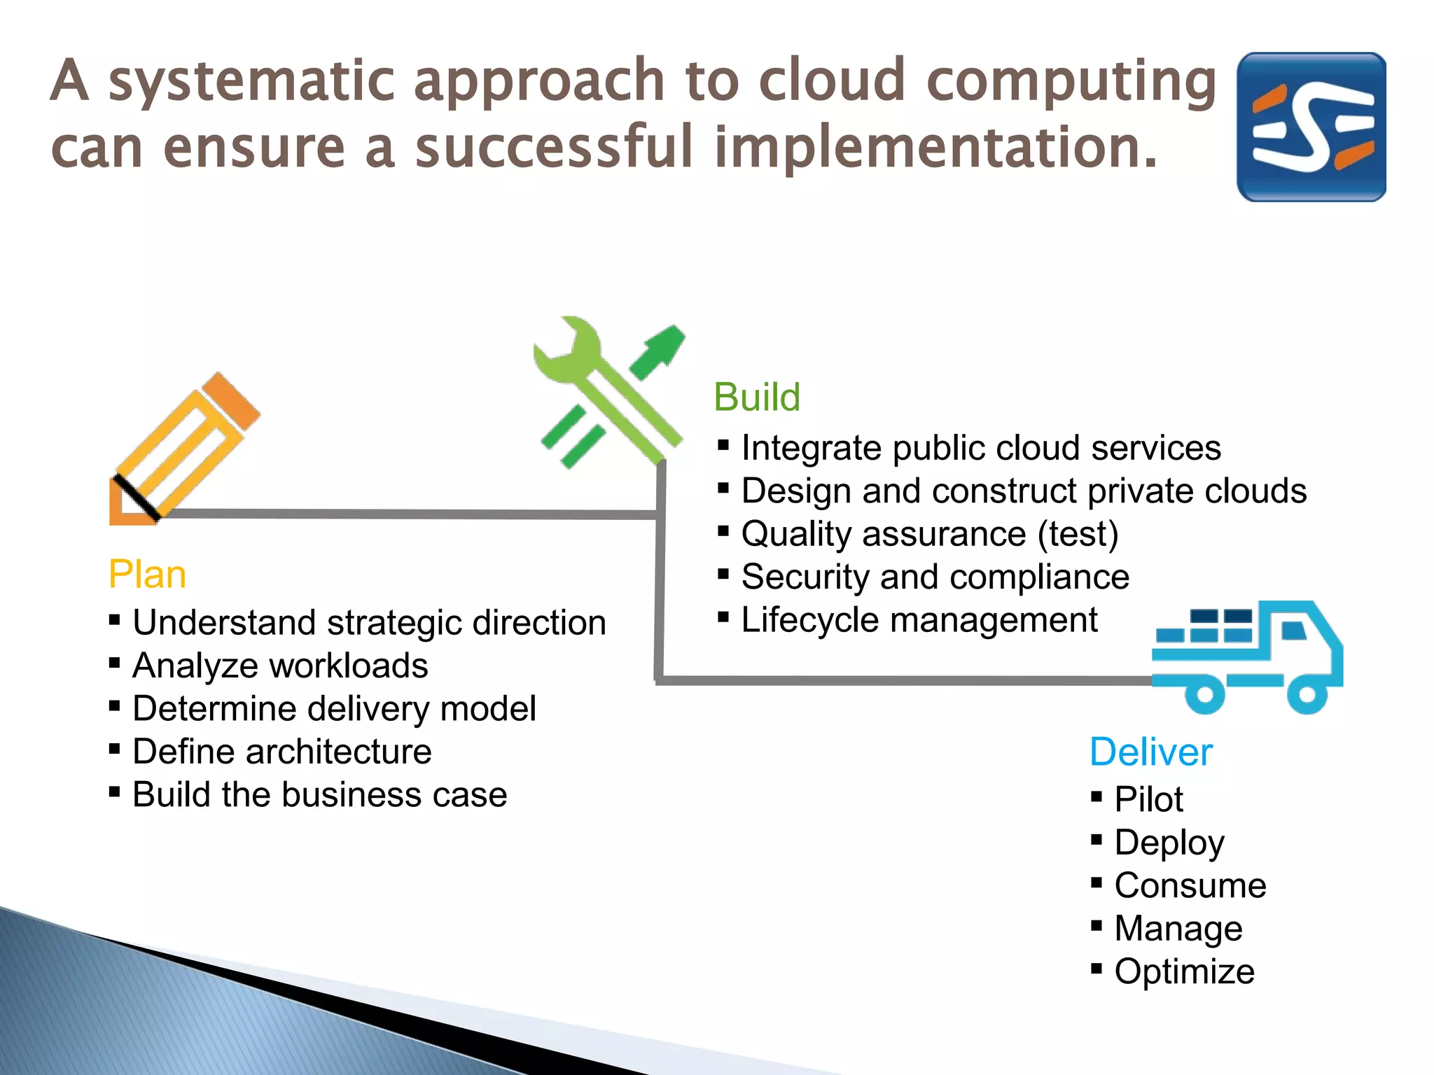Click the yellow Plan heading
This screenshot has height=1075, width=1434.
click(147, 575)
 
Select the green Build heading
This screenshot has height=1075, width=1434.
click(756, 398)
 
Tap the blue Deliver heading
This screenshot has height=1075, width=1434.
click(1150, 752)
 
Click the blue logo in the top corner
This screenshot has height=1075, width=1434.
click(1311, 127)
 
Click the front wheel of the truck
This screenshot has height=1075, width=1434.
click(1307, 694)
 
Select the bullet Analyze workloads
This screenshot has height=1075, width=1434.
click(279, 666)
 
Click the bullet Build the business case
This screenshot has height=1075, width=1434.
click(319, 795)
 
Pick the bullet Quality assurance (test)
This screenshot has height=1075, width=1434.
click(929, 534)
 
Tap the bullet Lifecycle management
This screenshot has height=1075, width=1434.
click(919, 620)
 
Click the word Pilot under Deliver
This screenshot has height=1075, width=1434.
click(1148, 799)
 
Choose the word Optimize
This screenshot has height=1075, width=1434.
click(1184, 971)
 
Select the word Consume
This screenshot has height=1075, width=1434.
click(1190, 885)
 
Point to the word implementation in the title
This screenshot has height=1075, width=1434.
click(935, 148)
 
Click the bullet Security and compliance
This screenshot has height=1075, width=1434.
click(935, 577)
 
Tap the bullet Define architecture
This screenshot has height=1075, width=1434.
click(281, 752)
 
